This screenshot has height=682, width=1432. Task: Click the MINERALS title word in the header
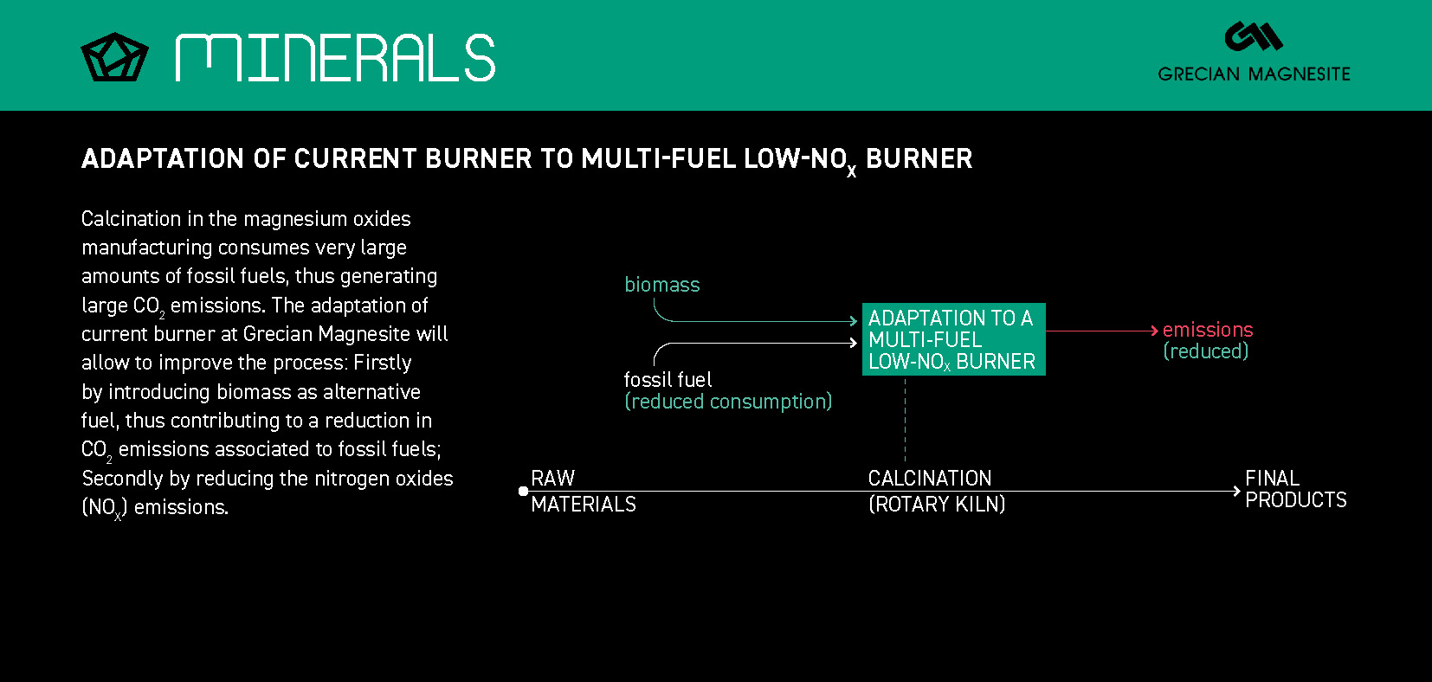coord(334,58)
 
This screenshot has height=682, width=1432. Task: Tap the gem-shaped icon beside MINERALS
coord(114,57)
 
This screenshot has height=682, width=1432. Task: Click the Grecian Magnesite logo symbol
coord(1253,36)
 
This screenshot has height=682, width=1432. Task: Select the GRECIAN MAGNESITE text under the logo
coord(1254,74)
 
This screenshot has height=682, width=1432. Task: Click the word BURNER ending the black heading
coord(919,158)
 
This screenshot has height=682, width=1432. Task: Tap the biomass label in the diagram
coord(661,285)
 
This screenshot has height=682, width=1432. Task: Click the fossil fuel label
coord(668,379)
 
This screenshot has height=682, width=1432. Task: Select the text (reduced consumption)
coord(728,402)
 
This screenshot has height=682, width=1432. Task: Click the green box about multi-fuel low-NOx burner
coord(953,339)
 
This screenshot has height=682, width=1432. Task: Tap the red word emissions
coord(1207,330)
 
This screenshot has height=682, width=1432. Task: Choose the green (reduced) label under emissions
coord(1205,351)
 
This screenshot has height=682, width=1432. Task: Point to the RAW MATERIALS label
coord(583,491)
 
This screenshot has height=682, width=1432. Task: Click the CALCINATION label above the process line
coord(929,478)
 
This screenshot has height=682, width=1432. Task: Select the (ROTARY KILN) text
coord(936,504)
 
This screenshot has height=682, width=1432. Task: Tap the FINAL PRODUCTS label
coord(1295,489)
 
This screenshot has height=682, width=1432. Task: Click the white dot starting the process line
coord(523,491)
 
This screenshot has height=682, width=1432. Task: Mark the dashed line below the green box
coord(905,420)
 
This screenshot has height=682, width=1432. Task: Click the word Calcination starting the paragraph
coord(131,219)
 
